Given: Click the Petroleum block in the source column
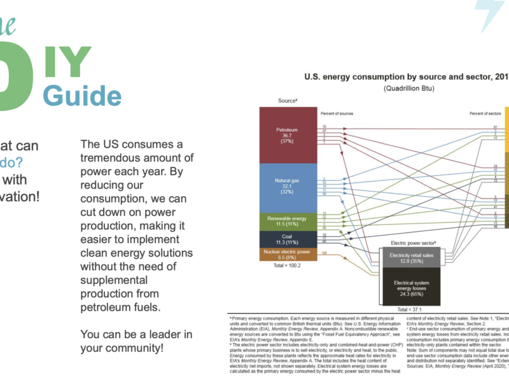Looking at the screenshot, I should pyautogui.click(x=288, y=134).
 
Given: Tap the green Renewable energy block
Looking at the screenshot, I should pyautogui.click(x=288, y=221).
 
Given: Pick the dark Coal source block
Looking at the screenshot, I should pyautogui.click(x=288, y=239).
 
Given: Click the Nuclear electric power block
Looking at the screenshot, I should pyautogui.click(x=288, y=255).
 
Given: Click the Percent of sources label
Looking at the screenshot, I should pyautogui.click(x=337, y=113).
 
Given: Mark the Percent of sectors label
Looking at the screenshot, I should pyautogui.click(x=485, y=113).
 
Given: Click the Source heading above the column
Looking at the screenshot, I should pyautogui.click(x=288, y=101).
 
